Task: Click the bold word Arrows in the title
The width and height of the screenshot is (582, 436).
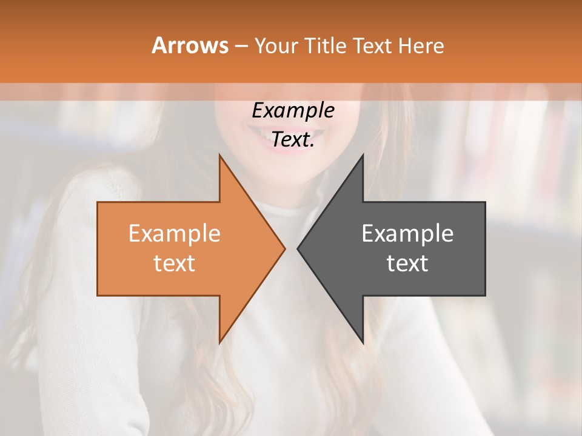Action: (190, 45)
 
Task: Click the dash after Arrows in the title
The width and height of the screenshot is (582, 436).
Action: (241, 47)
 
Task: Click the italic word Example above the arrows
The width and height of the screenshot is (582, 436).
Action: (293, 110)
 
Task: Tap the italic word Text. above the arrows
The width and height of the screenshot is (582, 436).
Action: (293, 140)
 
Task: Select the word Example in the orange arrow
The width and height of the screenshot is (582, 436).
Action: (175, 234)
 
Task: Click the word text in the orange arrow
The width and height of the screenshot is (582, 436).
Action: (175, 263)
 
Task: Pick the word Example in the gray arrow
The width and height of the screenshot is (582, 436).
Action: (407, 234)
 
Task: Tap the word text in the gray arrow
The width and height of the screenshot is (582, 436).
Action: (407, 263)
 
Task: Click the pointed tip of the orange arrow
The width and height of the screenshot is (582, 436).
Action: (284, 248)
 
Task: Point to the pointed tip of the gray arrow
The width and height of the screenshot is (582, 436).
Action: (298, 248)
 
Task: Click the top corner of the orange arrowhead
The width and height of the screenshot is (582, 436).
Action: (220, 156)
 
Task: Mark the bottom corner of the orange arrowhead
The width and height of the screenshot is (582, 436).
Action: (220, 342)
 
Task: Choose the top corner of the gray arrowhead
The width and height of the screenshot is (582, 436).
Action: (363, 156)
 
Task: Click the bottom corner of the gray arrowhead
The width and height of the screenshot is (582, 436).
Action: (363, 342)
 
